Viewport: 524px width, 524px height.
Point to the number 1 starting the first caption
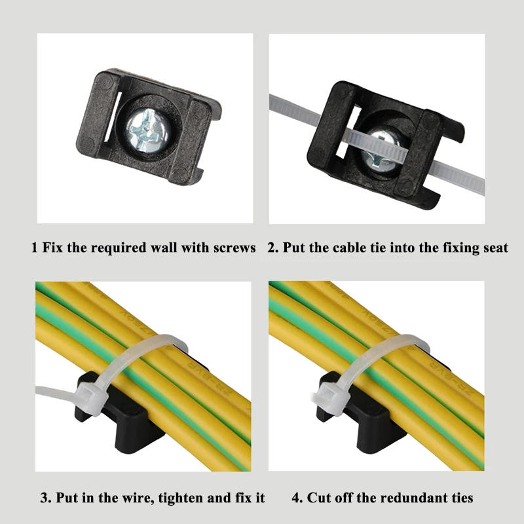34,248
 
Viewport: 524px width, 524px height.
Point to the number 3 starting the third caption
45,498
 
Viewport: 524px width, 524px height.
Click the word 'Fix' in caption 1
52,248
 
